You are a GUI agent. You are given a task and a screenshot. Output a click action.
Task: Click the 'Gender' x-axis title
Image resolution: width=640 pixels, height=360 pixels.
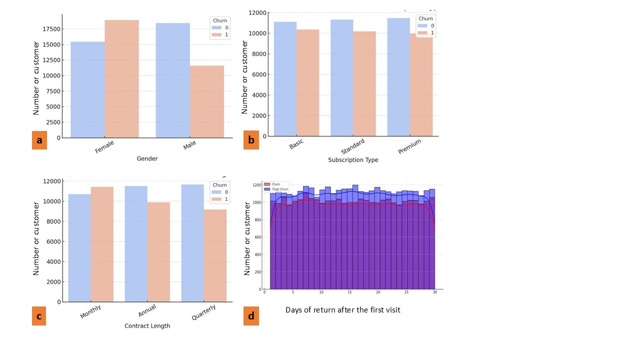coord(147,158)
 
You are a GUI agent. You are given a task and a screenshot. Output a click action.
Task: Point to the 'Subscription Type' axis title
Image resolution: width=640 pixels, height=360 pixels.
coord(353,160)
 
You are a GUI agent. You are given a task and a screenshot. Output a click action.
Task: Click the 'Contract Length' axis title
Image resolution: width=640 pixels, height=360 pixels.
coord(147,326)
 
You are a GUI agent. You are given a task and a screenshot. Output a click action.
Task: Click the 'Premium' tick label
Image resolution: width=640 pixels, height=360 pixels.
coord(409,146)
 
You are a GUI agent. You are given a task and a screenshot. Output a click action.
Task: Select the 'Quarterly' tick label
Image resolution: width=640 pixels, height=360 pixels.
coord(203,314)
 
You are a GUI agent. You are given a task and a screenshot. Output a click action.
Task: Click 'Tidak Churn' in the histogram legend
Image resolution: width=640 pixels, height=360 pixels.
coord(280,189)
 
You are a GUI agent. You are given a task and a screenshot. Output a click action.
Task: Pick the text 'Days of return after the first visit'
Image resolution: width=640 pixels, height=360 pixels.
coord(342,310)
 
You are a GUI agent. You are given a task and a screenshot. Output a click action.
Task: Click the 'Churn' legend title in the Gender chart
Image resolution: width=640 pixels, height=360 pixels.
coord(218,20)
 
